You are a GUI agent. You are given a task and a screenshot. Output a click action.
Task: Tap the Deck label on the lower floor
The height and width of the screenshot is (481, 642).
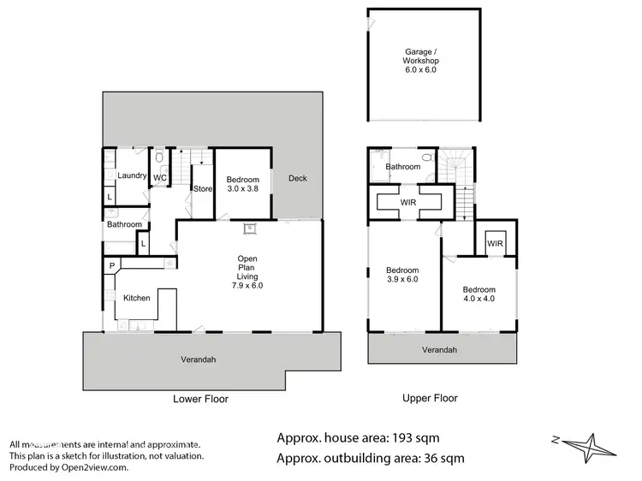[297, 179]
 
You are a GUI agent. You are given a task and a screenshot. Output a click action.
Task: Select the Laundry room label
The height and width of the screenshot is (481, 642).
[134, 176]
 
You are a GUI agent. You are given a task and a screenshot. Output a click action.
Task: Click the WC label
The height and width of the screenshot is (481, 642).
[160, 178]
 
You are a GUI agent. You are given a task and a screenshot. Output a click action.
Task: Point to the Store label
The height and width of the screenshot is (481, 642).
[202, 189]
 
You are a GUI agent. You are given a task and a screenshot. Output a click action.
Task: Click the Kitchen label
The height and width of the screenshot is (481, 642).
[137, 298]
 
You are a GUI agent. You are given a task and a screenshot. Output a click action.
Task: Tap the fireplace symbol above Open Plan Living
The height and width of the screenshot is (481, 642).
[251, 229]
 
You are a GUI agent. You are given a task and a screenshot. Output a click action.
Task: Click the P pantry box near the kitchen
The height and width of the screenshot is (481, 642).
[112, 266]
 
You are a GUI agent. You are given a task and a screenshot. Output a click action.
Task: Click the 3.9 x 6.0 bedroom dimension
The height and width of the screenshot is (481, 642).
[402, 280]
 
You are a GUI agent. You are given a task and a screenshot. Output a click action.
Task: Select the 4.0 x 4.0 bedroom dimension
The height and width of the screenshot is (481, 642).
[479, 300]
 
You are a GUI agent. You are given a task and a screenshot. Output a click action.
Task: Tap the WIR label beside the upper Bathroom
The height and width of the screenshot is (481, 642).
[410, 201]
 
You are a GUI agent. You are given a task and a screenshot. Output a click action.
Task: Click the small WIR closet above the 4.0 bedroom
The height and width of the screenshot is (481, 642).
[495, 244]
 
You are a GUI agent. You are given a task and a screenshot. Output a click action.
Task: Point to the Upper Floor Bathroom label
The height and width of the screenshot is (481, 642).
[402, 167]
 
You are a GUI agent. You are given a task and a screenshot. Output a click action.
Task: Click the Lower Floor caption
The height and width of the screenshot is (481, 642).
[200, 399]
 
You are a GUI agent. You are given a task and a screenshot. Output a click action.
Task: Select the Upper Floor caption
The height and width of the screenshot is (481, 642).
[430, 398]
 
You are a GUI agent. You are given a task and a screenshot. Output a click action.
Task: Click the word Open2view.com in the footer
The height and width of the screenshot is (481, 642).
[94, 467]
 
